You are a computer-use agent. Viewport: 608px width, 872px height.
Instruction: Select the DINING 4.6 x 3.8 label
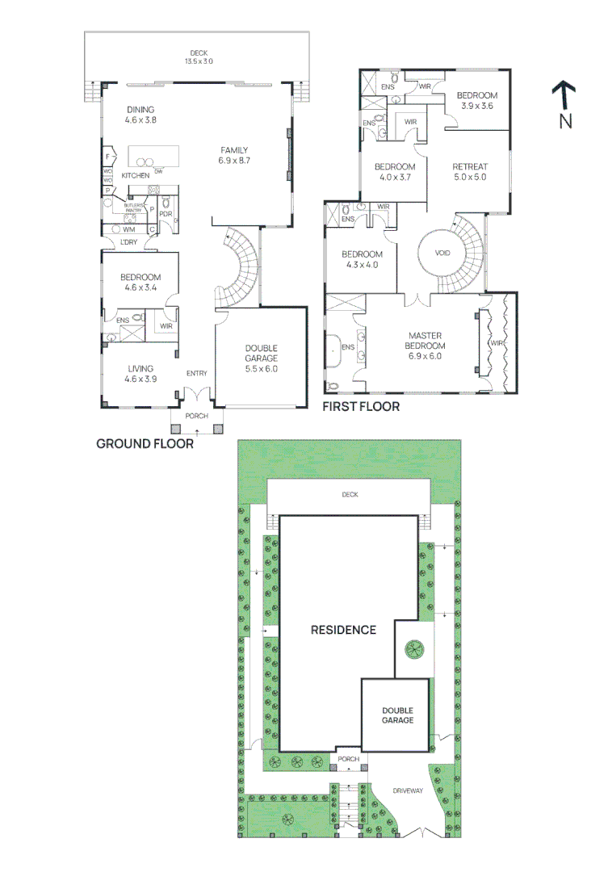(140, 115)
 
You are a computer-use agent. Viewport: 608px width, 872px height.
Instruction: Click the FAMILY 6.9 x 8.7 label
(233, 155)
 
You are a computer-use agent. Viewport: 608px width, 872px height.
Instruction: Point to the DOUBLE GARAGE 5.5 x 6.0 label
(262, 358)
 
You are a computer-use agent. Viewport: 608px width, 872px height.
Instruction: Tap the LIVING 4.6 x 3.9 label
(140, 373)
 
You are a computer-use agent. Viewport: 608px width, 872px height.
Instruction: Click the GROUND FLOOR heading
(145, 443)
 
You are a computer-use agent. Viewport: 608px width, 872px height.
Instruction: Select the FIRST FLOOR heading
(361, 407)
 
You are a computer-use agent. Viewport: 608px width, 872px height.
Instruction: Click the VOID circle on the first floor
(442, 253)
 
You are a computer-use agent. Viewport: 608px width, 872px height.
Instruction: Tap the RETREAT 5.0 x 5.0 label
(470, 171)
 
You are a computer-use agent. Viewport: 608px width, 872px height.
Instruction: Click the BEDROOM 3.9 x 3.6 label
(476, 100)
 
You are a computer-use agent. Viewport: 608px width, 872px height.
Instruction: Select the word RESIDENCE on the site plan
(343, 630)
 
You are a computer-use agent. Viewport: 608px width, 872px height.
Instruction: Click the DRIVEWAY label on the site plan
(408, 790)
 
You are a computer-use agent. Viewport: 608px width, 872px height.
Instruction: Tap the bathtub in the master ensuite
(333, 347)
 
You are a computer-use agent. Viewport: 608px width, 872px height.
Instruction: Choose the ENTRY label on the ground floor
(196, 373)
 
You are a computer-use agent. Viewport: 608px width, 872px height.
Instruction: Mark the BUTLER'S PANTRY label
(133, 208)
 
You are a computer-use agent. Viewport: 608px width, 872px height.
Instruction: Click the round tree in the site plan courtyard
(414, 648)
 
